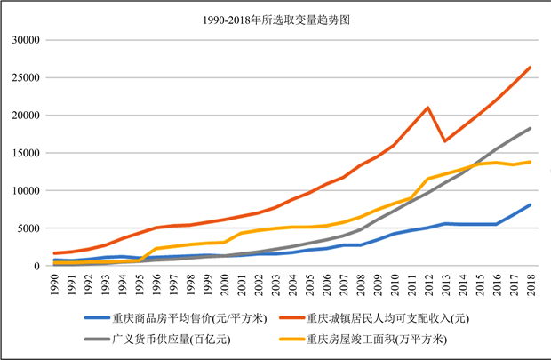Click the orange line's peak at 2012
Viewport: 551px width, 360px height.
(428, 108)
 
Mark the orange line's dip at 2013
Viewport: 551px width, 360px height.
(445, 140)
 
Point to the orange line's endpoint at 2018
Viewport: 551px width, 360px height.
(531, 67)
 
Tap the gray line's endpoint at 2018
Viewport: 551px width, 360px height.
(531, 128)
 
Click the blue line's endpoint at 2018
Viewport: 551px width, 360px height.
(531, 205)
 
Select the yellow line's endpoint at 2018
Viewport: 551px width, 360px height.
(531, 162)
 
